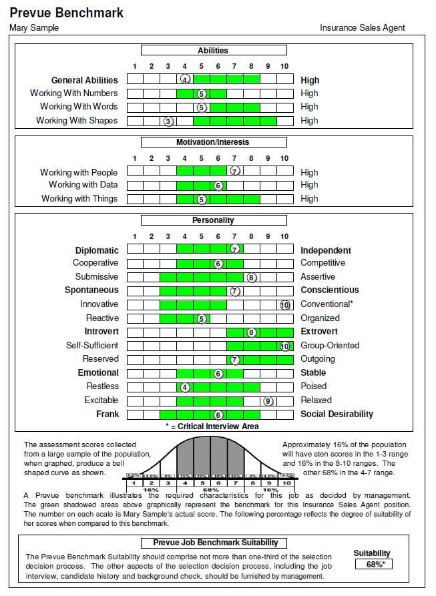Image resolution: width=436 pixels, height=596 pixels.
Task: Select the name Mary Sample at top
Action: point(34,28)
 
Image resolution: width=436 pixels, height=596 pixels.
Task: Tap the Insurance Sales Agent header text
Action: point(363,28)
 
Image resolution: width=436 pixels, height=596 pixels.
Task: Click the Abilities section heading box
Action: point(213,50)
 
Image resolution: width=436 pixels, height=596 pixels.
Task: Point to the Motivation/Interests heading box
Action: point(213,142)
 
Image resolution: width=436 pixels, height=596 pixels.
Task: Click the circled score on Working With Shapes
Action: point(169,121)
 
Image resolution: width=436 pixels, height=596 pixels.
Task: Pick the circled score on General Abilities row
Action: point(186,79)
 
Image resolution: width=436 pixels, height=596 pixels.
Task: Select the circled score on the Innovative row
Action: point(285,304)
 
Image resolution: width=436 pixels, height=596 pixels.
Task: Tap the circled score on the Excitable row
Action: point(268,400)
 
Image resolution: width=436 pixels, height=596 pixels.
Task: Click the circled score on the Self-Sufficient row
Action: point(285,346)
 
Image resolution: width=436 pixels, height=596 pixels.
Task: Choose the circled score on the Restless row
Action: point(186,386)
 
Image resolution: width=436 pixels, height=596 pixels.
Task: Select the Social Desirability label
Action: point(337,414)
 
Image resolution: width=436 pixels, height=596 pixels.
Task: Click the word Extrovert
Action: point(319,332)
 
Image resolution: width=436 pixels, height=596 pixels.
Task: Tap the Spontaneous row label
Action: point(91,290)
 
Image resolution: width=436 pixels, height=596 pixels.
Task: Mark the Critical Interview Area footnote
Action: point(212,426)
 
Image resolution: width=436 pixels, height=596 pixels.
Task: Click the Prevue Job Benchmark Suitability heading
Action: point(216,543)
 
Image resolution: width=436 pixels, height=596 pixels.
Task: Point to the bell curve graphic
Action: point(210,461)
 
